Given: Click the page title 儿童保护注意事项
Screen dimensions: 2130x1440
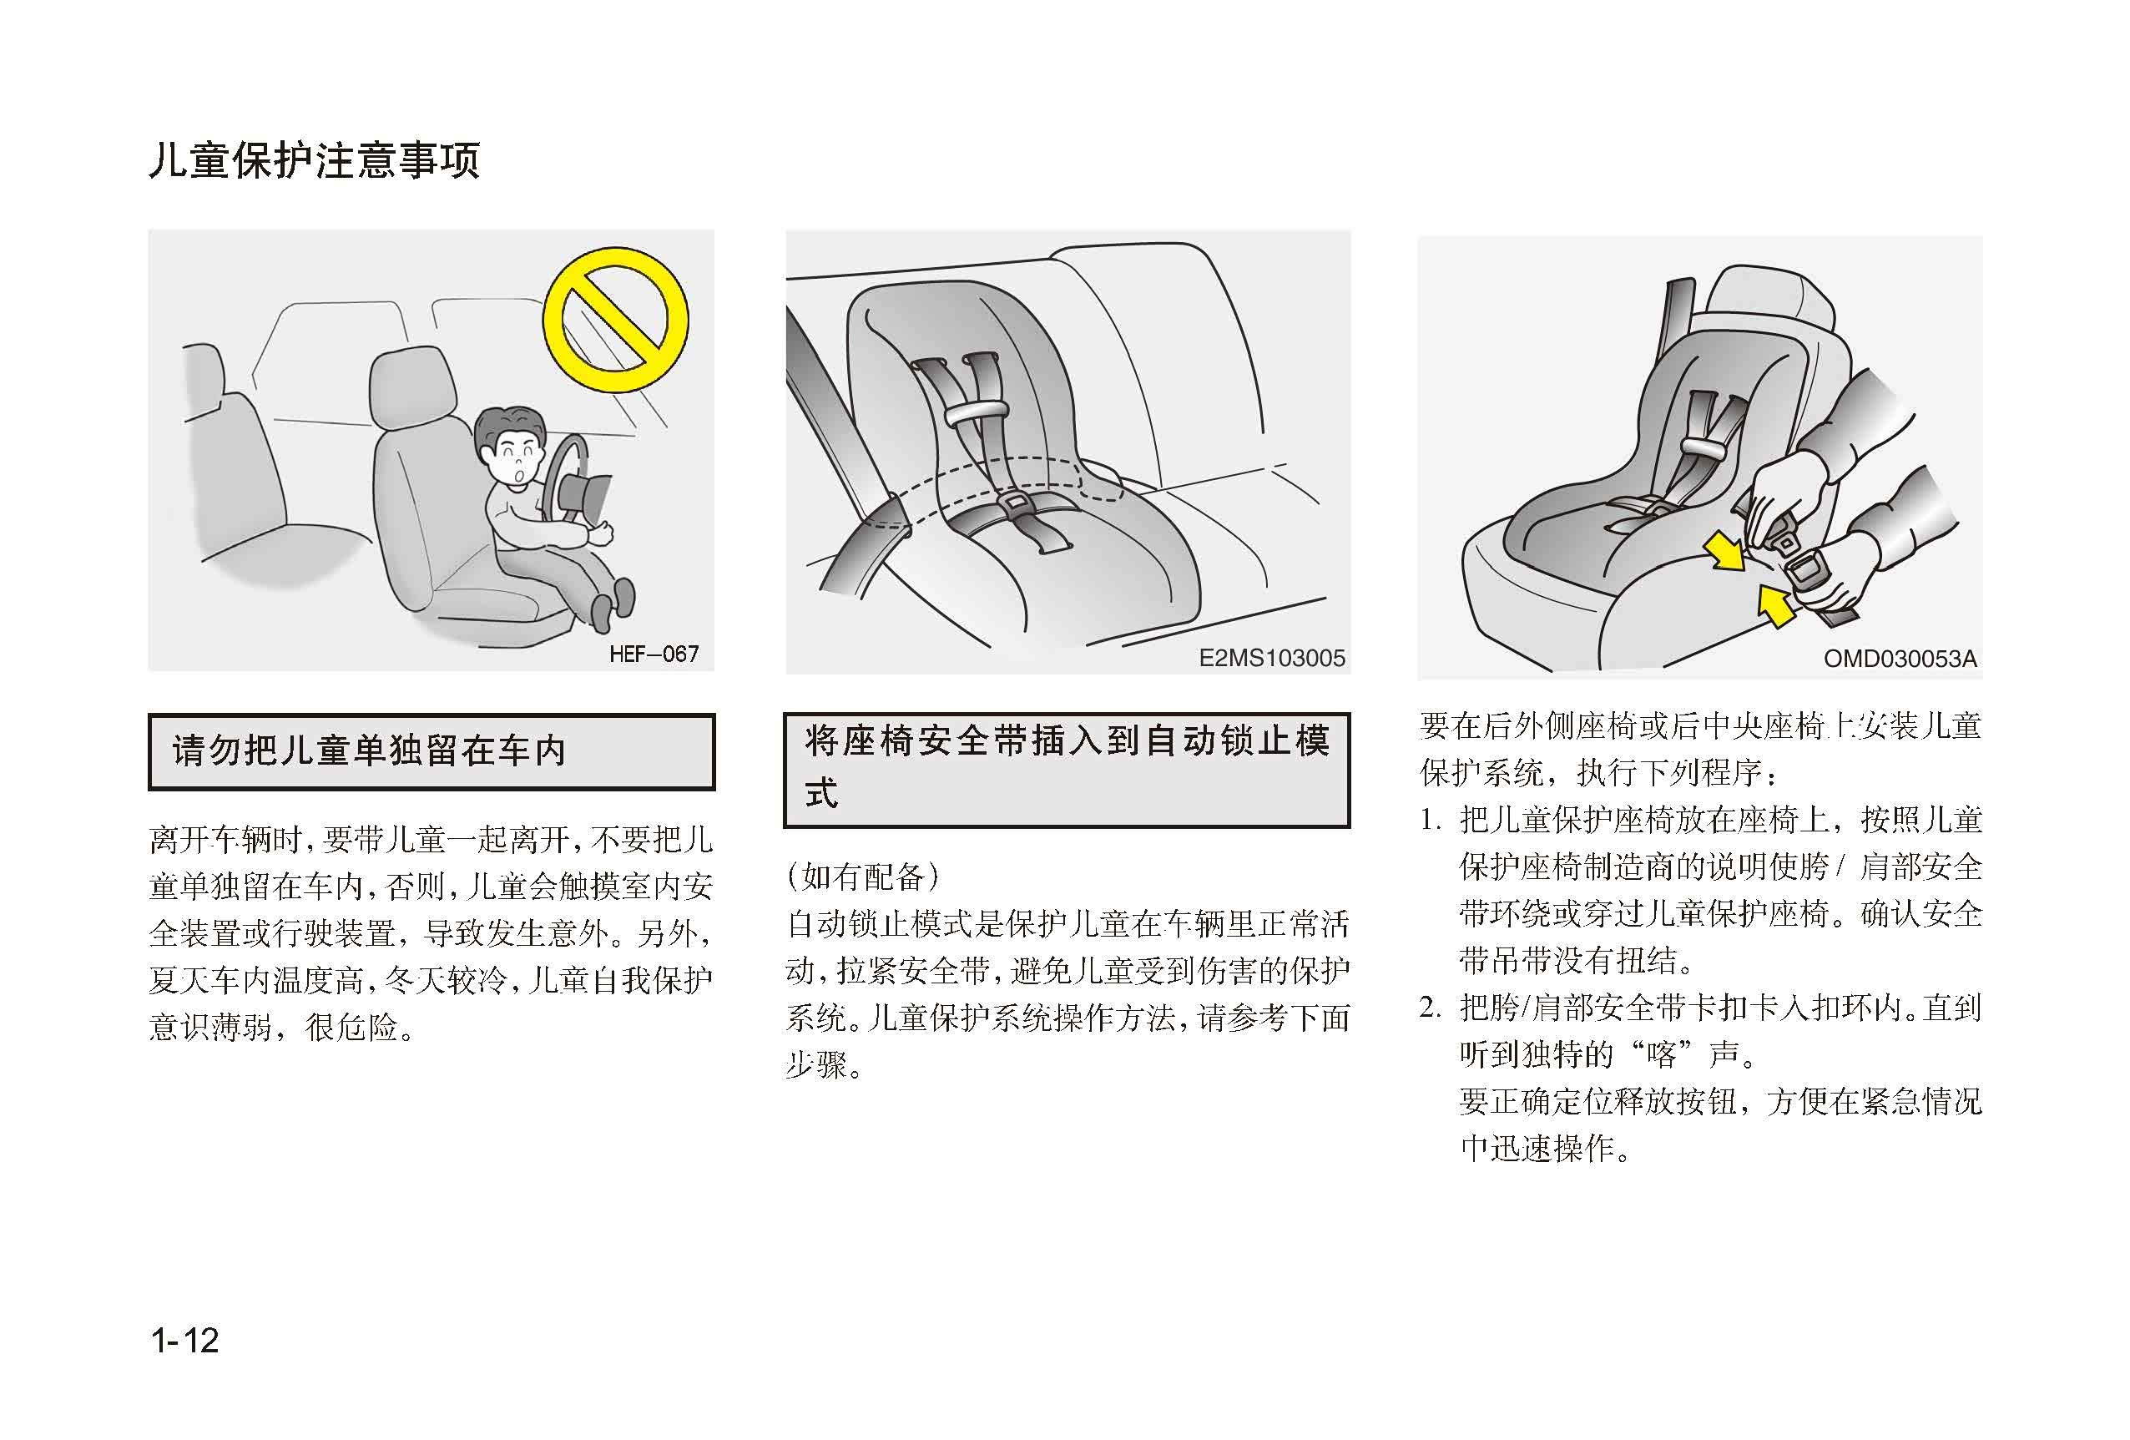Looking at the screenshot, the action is [x=315, y=160].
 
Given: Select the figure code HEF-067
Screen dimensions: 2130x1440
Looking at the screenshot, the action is [x=654, y=654].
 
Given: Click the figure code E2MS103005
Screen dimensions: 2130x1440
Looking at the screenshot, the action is [x=1272, y=658].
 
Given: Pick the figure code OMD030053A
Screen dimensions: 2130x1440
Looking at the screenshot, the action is [x=1900, y=659].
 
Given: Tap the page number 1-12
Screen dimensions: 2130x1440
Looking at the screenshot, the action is [x=185, y=1341].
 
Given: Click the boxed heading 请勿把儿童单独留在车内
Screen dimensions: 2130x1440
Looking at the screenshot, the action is [x=370, y=750].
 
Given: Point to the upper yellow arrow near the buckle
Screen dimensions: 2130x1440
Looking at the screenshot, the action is [x=1723, y=552].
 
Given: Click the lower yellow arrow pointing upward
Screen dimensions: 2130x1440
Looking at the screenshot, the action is [x=1775, y=606].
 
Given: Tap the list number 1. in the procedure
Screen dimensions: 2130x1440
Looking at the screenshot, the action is [x=1431, y=821].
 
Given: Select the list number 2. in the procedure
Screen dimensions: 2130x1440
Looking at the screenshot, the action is [x=1431, y=1008].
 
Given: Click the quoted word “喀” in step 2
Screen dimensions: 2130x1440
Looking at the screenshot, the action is [x=1661, y=1055].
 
